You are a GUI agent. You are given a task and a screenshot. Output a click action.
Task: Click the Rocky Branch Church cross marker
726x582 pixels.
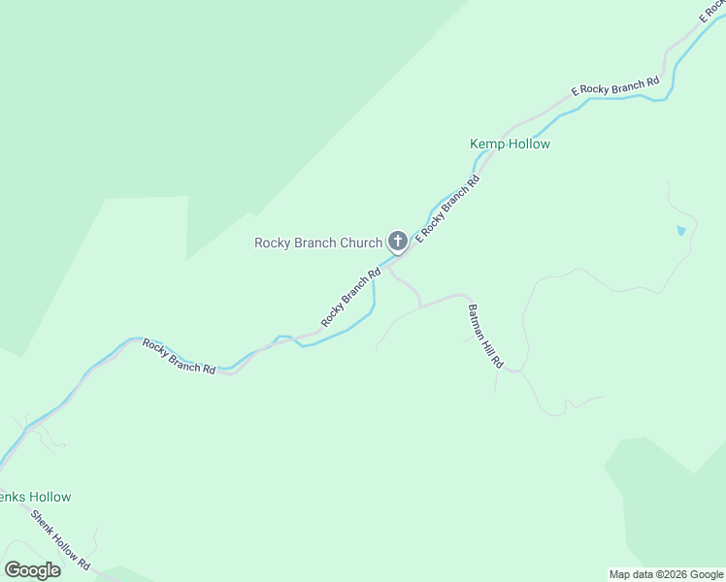(397, 242)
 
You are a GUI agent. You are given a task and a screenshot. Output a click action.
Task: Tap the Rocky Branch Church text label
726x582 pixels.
(318, 242)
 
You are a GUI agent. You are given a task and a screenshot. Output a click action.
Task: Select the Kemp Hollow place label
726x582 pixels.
(510, 145)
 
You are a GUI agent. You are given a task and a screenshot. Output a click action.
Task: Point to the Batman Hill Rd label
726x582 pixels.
(484, 337)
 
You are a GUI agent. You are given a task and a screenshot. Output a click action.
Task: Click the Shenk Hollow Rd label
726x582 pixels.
(60, 539)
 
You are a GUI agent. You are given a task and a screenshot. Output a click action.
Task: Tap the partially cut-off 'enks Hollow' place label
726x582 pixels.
(36, 497)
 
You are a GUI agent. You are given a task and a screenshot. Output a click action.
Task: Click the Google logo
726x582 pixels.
(32, 570)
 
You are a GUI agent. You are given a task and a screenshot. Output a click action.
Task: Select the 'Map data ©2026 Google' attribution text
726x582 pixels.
(666, 574)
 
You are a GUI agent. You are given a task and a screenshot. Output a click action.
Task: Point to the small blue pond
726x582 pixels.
(680, 232)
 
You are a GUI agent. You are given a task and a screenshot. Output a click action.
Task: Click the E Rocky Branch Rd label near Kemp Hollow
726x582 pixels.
(447, 209)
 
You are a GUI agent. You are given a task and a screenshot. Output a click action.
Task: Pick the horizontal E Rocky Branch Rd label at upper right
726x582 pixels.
(614, 87)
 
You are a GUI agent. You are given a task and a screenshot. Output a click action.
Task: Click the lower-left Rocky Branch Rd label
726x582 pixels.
(179, 356)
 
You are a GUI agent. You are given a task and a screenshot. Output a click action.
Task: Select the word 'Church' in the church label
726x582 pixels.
(361, 242)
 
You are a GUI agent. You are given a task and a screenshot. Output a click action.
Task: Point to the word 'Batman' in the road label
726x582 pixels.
(476, 321)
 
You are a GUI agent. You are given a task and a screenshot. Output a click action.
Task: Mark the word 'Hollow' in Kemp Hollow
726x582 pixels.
(530, 145)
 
